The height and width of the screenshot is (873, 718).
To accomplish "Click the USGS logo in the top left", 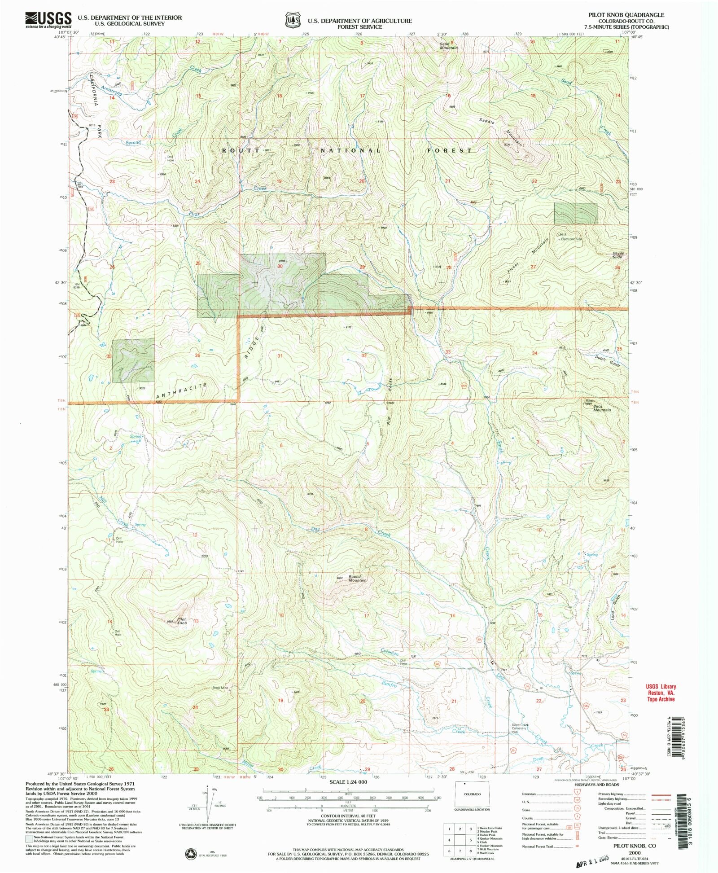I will tap(48, 19).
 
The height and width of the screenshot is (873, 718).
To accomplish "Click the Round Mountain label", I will tap(357, 579).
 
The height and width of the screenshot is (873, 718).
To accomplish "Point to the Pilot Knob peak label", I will tap(181, 621).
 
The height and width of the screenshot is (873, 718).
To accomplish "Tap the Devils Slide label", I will tap(618, 255).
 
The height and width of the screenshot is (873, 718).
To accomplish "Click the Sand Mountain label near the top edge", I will tap(448, 46).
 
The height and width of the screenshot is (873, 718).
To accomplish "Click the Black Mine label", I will tap(220, 688).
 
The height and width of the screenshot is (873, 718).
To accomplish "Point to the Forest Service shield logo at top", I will tap(292, 20).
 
